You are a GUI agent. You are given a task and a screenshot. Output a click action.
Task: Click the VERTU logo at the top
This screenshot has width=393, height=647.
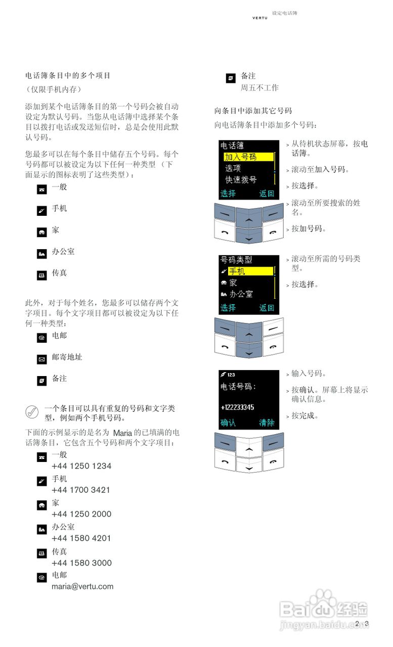coord(260,18)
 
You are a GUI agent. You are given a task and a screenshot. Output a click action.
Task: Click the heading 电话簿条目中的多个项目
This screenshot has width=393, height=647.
coord(68,76)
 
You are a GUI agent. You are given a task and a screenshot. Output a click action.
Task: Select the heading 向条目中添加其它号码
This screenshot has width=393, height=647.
coord(253,111)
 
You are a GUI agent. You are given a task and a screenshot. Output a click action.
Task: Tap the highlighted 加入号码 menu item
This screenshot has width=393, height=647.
coord(241,157)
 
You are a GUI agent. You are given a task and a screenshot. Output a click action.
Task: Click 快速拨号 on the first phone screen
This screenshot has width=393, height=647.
coord(241,179)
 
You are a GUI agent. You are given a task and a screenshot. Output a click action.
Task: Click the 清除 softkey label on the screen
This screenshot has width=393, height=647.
coord(267,423)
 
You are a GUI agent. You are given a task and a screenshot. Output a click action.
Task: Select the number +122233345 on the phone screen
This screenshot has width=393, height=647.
coord(237,407)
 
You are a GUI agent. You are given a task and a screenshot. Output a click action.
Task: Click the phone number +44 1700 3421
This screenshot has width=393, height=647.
coord(81,490)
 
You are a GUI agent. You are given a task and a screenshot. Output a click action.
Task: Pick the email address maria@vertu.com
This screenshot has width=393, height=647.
coord(82,587)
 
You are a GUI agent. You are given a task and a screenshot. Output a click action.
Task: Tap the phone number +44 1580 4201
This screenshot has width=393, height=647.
coord(81,538)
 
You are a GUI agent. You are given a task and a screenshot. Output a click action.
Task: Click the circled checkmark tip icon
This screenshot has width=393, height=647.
coord(32,412)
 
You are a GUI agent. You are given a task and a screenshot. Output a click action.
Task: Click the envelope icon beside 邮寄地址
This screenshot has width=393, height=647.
coord(42,359)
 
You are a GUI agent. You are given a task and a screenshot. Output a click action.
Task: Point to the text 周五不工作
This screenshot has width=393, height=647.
coord(259,88)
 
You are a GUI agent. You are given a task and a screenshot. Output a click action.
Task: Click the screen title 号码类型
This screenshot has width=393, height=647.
coord(236,260)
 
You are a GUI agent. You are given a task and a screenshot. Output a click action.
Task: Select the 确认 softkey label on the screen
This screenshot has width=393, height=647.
coord(228,423)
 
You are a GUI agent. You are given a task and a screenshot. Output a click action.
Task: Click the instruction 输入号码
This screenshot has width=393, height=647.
coord(308,374)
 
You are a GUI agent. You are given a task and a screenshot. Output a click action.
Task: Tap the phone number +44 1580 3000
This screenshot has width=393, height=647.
coord(81,563)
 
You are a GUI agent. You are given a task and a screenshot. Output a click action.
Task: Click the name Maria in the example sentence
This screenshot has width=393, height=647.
coord(122,433)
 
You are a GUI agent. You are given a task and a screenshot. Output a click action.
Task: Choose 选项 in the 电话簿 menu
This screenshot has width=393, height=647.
coord(233,168)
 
